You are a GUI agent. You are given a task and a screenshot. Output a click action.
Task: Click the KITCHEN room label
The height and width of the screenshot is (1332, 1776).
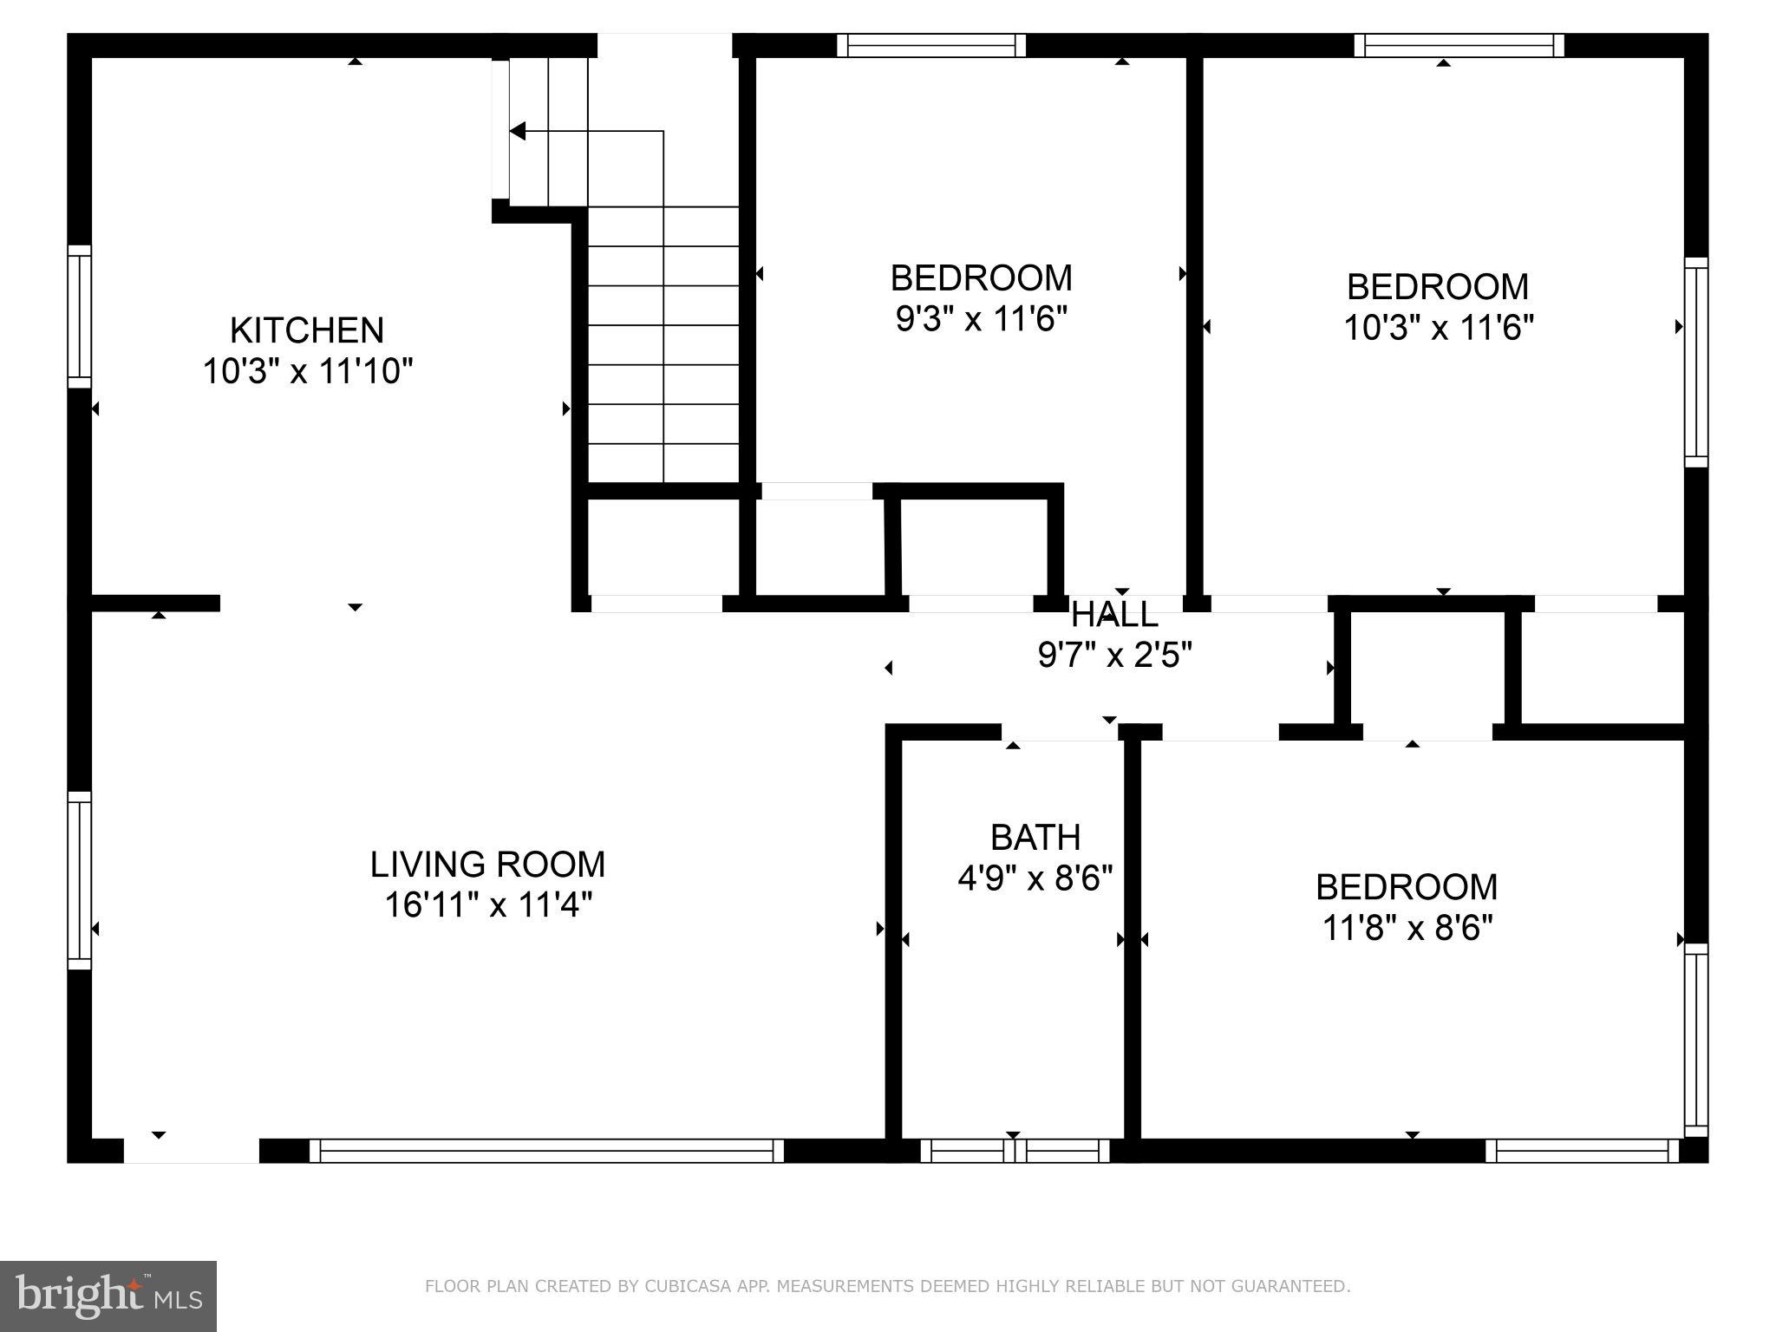point(306,330)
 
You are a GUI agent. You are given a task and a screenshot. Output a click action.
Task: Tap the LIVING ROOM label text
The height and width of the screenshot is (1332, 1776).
point(487,865)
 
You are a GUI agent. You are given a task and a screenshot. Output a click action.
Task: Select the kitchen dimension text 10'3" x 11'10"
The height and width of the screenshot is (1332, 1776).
point(307,372)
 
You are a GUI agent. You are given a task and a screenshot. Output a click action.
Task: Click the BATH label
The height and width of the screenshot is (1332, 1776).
point(1035,838)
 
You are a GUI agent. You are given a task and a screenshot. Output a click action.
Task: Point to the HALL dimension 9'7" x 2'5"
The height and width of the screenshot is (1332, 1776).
point(1115,656)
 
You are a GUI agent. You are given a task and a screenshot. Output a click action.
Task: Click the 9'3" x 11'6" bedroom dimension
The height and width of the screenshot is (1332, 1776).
point(981,320)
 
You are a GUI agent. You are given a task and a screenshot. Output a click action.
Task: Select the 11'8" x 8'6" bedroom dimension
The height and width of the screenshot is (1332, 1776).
point(1407,929)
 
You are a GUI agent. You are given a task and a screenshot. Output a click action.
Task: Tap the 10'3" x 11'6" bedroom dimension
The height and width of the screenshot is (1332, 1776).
point(1439,329)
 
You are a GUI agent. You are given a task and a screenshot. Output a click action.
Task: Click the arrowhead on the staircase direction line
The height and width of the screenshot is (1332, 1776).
point(518,132)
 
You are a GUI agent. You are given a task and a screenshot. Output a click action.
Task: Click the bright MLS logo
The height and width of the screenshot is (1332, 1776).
point(108,1296)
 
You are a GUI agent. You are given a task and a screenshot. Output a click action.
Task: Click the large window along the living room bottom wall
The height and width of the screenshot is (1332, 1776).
point(546,1151)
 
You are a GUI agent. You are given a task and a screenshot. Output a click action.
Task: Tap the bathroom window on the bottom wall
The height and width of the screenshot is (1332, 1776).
point(1015,1151)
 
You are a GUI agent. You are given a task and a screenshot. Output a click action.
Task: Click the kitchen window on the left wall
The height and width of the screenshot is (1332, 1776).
point(80,317)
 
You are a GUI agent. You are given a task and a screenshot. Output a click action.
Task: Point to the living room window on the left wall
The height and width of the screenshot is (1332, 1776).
point(80,879)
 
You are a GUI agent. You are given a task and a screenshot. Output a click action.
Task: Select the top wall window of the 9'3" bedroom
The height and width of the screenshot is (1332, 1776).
point(931,45)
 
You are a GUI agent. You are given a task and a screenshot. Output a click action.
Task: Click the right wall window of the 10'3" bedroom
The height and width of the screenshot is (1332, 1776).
point(1695,362)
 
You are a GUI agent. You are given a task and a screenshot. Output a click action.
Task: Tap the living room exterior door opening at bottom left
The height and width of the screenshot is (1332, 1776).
point(192,1151)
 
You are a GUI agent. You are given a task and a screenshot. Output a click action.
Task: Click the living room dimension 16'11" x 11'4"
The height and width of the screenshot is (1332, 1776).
point(488,906)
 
